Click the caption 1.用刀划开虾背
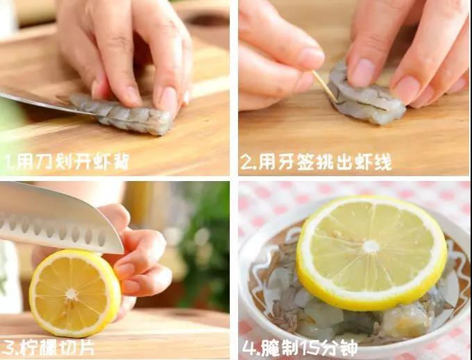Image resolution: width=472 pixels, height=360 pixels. click(67, 163)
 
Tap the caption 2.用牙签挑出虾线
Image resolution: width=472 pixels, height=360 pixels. click(316, 163)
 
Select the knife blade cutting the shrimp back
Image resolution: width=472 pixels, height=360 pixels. click(35, 101)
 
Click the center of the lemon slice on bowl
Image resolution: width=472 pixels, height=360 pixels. click(371, 246)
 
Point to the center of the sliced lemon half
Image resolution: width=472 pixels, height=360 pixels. click(71, 294)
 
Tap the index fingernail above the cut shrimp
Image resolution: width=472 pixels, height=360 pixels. click(168, 99)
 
